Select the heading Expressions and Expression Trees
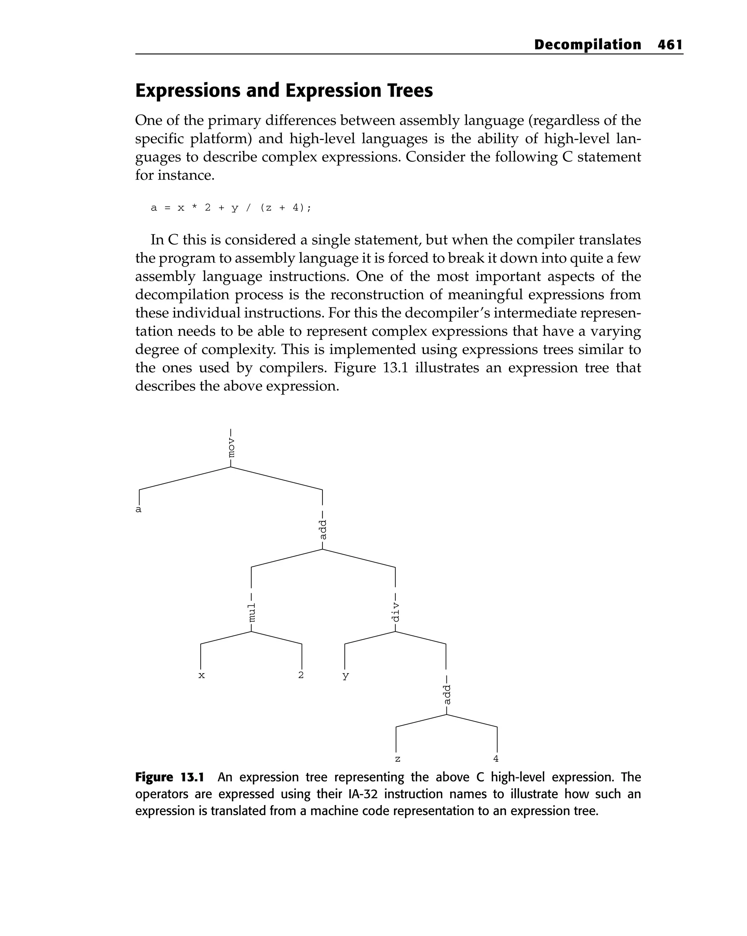[284, 91]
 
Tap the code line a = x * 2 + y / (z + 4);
[231, 208]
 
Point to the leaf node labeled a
[139, 509]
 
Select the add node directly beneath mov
[323, 530]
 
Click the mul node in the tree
[251, 612]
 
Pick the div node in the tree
[395, 612]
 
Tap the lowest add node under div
[446, 695]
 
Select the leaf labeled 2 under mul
[301, 675]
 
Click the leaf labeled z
[397, 759]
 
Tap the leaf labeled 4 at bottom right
[496, 758]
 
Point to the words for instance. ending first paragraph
[175, 175]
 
